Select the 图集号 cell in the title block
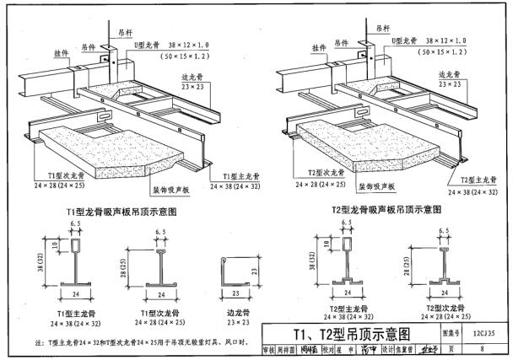(451, 332)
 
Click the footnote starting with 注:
(143, 342)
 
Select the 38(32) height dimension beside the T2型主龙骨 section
(315, 265)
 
